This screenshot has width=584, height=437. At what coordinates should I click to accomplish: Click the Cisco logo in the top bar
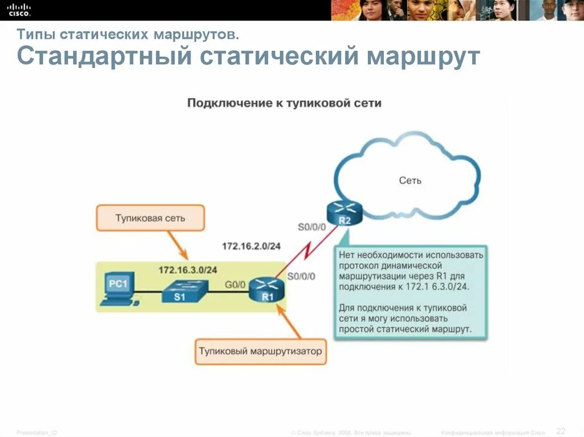coord(19,9)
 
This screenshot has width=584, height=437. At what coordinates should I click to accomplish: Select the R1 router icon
coord(266,289)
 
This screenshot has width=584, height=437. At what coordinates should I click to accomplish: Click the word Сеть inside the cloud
coord(410,181)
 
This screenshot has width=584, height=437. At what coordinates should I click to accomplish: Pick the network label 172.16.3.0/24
coord(188,269)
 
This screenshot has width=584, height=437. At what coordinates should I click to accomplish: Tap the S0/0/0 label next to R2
coord(312,227)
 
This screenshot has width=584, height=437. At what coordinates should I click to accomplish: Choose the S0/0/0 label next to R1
coord(301,276)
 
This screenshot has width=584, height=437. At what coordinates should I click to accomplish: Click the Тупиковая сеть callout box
coord(150,218)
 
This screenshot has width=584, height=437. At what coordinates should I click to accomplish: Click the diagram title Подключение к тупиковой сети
coord(284,103)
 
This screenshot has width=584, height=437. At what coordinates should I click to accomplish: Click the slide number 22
coord(561,430)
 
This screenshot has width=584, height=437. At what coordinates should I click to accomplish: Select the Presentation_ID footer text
coord(36,432)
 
